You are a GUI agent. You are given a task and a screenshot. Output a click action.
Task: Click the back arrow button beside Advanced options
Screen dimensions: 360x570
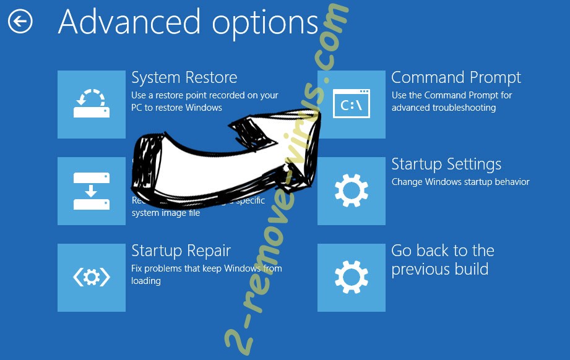click(x=20, y=22)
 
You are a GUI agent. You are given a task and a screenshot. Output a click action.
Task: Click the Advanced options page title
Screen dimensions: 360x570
click(x=188, y=23)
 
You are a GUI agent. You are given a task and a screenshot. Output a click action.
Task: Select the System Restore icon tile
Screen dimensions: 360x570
click(x=92, y=105)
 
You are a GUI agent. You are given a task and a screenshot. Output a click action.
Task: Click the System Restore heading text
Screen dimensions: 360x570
click(x=184, y=78)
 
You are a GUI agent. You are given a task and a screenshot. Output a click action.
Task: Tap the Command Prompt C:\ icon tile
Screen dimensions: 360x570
click(x=351, y=105)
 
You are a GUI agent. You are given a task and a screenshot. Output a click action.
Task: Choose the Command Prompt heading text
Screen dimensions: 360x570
click(x=456, y=78)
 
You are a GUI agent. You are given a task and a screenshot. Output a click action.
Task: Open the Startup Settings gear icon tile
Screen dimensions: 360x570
click(x=351, y=191)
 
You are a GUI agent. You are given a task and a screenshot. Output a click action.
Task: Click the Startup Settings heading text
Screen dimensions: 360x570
click(x=446, y=165)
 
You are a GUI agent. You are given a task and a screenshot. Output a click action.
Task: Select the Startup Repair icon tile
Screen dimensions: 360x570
click(x=92, y=278)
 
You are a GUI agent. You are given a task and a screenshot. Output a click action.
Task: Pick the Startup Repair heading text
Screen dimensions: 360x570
click(x=181, y=251)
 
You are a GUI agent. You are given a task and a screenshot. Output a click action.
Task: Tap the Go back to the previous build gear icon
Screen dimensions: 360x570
click(x=351, y=278)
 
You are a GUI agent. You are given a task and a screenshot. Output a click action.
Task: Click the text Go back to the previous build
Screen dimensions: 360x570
click(x=442, y=260)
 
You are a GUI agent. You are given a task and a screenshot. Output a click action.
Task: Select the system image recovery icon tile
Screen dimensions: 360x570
click(x=92, y=191)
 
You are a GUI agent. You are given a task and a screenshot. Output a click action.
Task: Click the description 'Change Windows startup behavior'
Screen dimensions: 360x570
click(x=460, y=182)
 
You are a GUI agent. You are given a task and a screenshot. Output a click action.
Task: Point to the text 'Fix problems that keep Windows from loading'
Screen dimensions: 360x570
click(x=206, y=274)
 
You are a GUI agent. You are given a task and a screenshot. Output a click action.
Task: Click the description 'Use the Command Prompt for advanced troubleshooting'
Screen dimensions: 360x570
click(x=452, y=101)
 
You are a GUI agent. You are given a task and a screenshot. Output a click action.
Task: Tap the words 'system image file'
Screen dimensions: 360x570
click(x=166, y=213)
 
